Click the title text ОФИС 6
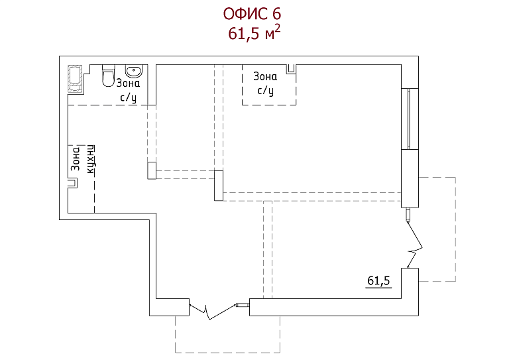[252, 14]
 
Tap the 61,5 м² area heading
[254, 32]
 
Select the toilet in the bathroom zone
[108, 76]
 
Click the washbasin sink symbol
[133, 71]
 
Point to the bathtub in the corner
[75, 80]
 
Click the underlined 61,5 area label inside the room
[378, 281]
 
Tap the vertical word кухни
[91, 159]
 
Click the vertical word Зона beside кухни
[76, 158]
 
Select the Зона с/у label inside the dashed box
[265, 84]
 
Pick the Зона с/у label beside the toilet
[128, 90]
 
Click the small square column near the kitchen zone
[152, 170]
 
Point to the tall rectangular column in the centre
[219, 186]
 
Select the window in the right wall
[410, 119]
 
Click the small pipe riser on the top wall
[291, 69]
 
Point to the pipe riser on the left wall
[73, 183]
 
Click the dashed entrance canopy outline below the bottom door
[227, 353]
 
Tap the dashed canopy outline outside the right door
[455, 229]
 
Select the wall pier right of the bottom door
[334, 307]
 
